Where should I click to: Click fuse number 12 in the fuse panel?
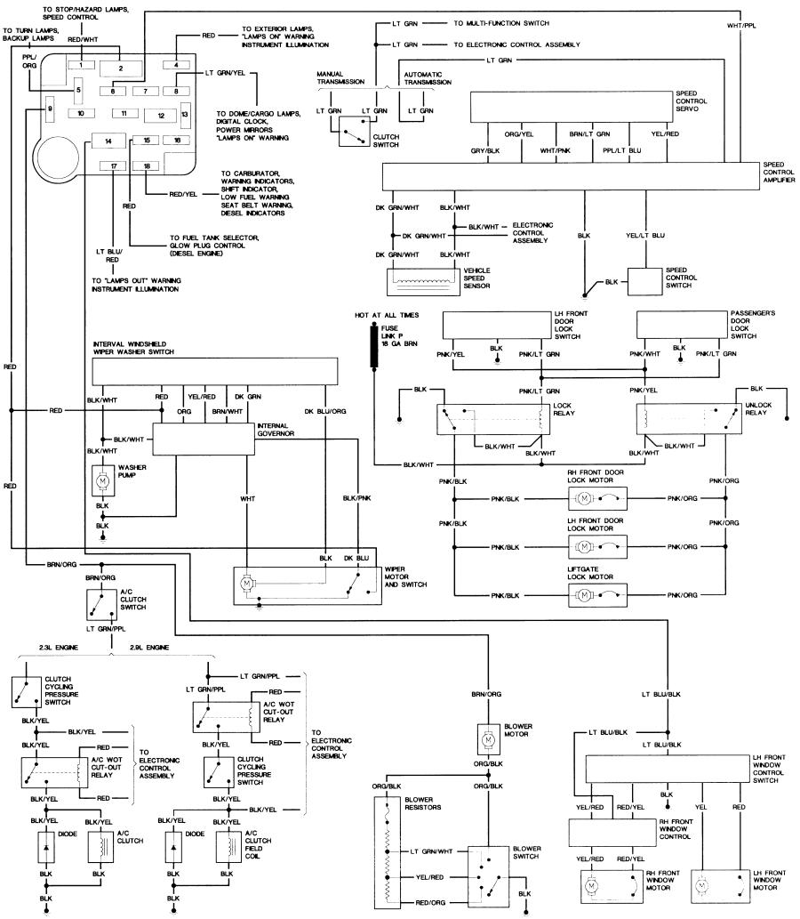pyautogui.click(x=161, y=116)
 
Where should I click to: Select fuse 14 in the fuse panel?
pyautogui.click(x=108, y=141)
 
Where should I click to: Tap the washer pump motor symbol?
pyautogui.click(x=102, y=481)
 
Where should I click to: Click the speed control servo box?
pyautogui.click(x=572, y=107)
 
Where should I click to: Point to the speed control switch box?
pyautogui.click(x=644, y=282)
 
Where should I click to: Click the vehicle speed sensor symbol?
pyautogui.click(x=423, y=282)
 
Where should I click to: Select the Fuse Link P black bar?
pyautogui.click(x=373, y=346)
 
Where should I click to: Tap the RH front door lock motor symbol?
pyautogui.click(x=597, y=499)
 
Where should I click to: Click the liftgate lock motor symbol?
pyautogui.click(x=597, y=595)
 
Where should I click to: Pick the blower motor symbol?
pyautogui.click(x=488, y=740)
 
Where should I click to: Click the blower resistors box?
pyautogui.click(x=388, y=851)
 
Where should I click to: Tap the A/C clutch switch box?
pyautogui.click(x=100, y=605)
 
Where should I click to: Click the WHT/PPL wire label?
pyautogui.click(x=741, y=26)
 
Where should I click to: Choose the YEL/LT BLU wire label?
pyautogui.click(x=645, y=236)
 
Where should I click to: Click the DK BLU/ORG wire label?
pyautogui.click(x=325, y=411)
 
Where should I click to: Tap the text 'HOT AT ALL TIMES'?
pyautogui.click(x=387, y=315)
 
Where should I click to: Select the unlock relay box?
pyautogui.click(x=689, y=419)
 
